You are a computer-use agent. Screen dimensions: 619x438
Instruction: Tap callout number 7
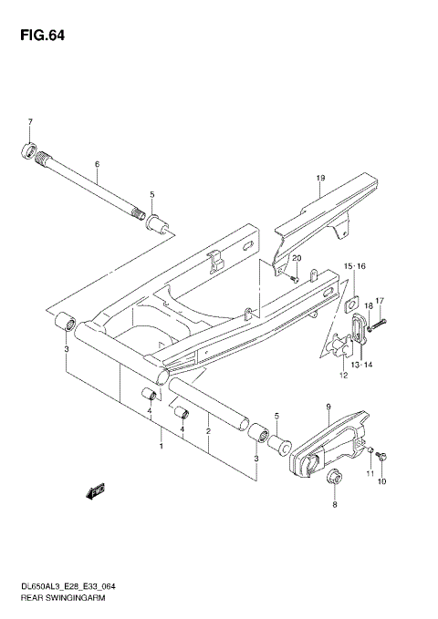click(29, 122)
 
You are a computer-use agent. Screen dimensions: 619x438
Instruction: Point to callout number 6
click(96, 165)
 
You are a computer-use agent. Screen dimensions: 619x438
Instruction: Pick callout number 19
click(321, 177)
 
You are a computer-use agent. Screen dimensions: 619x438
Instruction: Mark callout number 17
click(381, 300)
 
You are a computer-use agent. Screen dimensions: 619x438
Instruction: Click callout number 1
click(162, 447)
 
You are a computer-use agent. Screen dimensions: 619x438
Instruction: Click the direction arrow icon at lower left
click(92, 493)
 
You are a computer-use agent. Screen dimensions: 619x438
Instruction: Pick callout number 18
click(369, 306)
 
